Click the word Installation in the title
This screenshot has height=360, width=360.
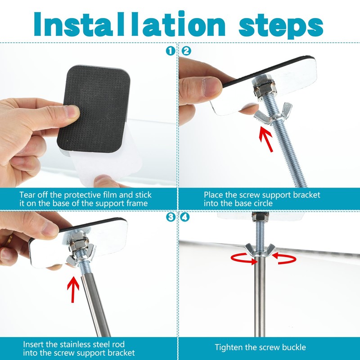coord(130,24)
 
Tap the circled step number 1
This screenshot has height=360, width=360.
coord(171,51)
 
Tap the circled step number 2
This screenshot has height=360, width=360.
coord(186,51)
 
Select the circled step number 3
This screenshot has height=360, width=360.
coord(171,217)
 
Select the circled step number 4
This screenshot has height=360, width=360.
coord(185,217)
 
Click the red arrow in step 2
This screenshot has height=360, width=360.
coord(265,139)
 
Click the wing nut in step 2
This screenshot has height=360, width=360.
coord(273,114)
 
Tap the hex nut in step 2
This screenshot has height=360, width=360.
coord(264,90)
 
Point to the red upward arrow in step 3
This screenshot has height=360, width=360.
coord(73,289)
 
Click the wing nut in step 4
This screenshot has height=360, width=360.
coord(260,251)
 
